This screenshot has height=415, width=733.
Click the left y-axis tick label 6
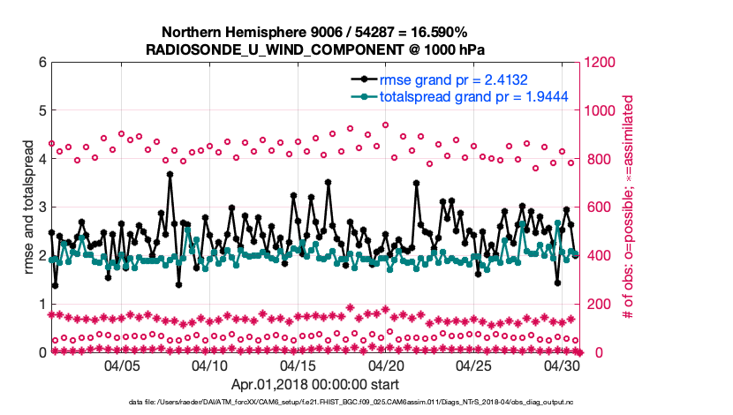pos(41,63)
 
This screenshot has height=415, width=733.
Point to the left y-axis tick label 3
pos(41,207)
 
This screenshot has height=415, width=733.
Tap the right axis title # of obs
pos(629,207)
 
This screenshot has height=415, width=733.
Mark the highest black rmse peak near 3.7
pos(170,174)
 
